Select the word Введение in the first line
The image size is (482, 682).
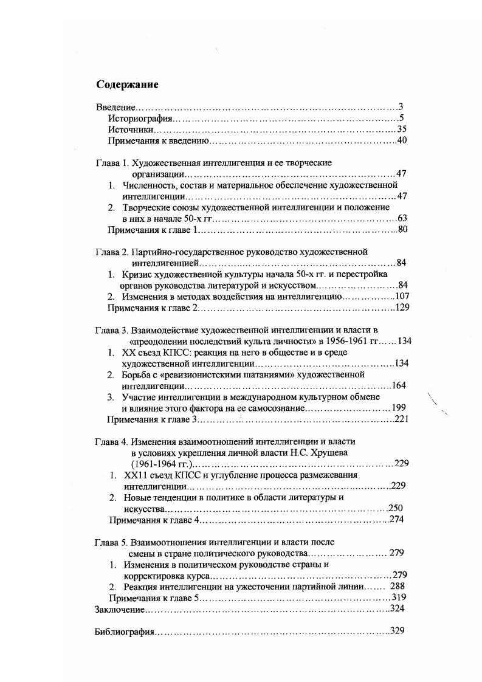[114, 107]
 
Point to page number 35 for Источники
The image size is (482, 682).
[402, 129]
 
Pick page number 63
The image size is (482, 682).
[402, 218]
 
